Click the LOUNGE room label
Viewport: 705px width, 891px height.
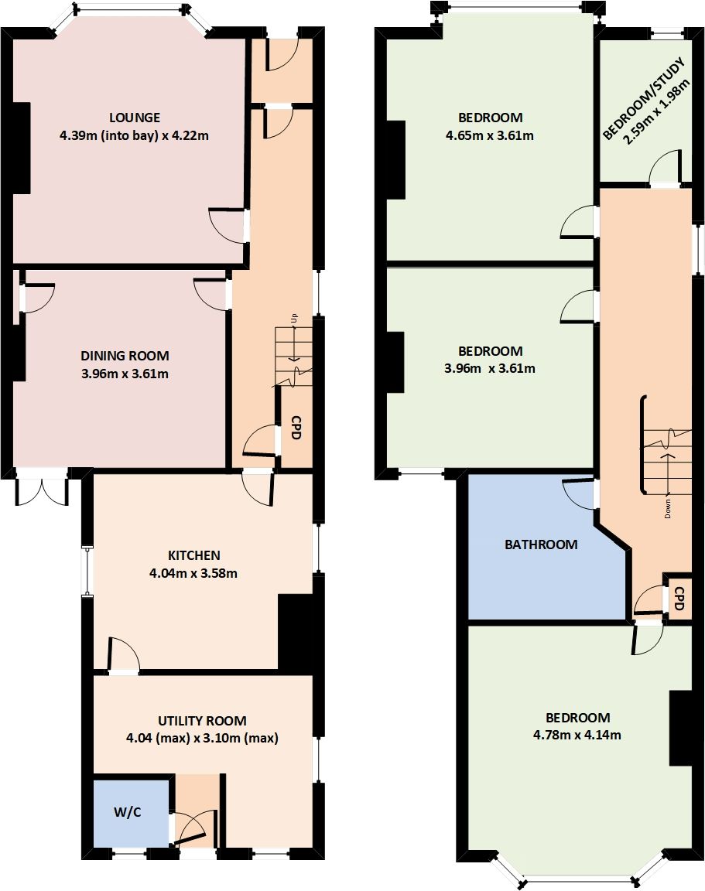(135, 118)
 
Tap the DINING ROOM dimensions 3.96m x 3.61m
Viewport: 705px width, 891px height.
(125, 374)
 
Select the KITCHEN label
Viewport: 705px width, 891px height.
(194, 555)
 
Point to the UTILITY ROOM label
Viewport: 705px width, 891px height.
(202, 721)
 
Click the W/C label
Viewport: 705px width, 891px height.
(128, 811)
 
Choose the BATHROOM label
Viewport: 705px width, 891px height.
(541, 544)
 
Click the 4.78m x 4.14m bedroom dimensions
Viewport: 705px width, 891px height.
(572, 735)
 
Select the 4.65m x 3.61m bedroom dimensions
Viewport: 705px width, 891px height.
(490, 136)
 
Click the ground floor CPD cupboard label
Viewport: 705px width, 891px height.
(296, 428)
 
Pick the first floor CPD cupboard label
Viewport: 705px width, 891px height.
(679, 599)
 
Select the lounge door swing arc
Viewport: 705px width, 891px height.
(228, 225)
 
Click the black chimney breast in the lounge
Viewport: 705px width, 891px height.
(21, 147)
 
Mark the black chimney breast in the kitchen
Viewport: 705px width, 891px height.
(296, 630)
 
